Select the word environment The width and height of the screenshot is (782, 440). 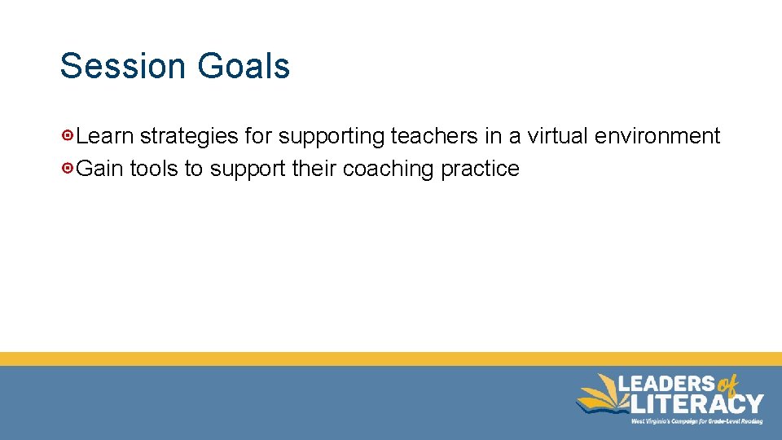pos(657,135)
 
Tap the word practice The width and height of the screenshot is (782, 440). pos(480,169)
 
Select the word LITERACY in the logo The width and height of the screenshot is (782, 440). pos(699,403)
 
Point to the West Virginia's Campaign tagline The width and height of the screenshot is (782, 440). pos(696,421)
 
